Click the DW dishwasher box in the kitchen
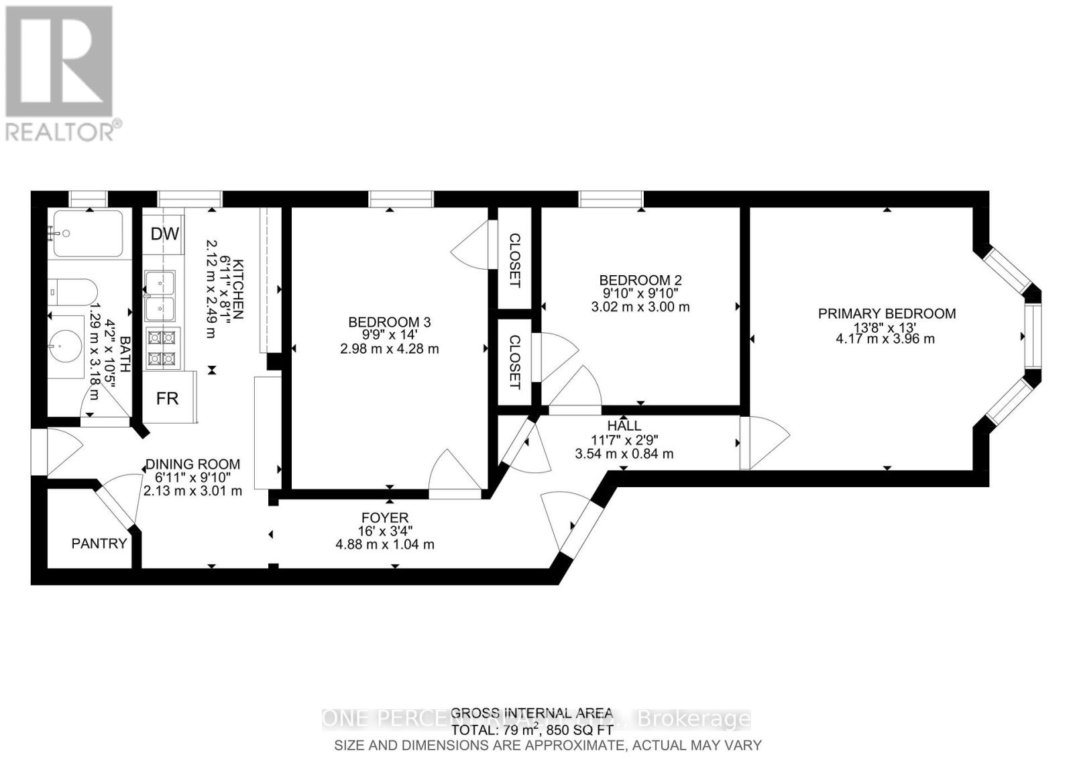click(x=164, y=234)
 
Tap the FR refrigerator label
click(x=168, y=398)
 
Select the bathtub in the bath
click(x=88, y=233)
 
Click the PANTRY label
click(x=99, y=544)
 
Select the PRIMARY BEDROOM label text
click(x=887, y=313)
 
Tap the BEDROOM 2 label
click(x=640, y=280)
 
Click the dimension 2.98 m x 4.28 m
click(x=388, y=349)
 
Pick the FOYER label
click(x=385, y=518)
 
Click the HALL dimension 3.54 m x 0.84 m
click(x=624, y=454)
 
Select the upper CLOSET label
click(x=515, y=260)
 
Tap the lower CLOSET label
click(x=514, y=362)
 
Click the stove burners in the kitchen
click(x=162, y=349)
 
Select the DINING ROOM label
click(x=192, y=464)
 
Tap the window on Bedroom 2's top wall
click(x=611, y=199)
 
